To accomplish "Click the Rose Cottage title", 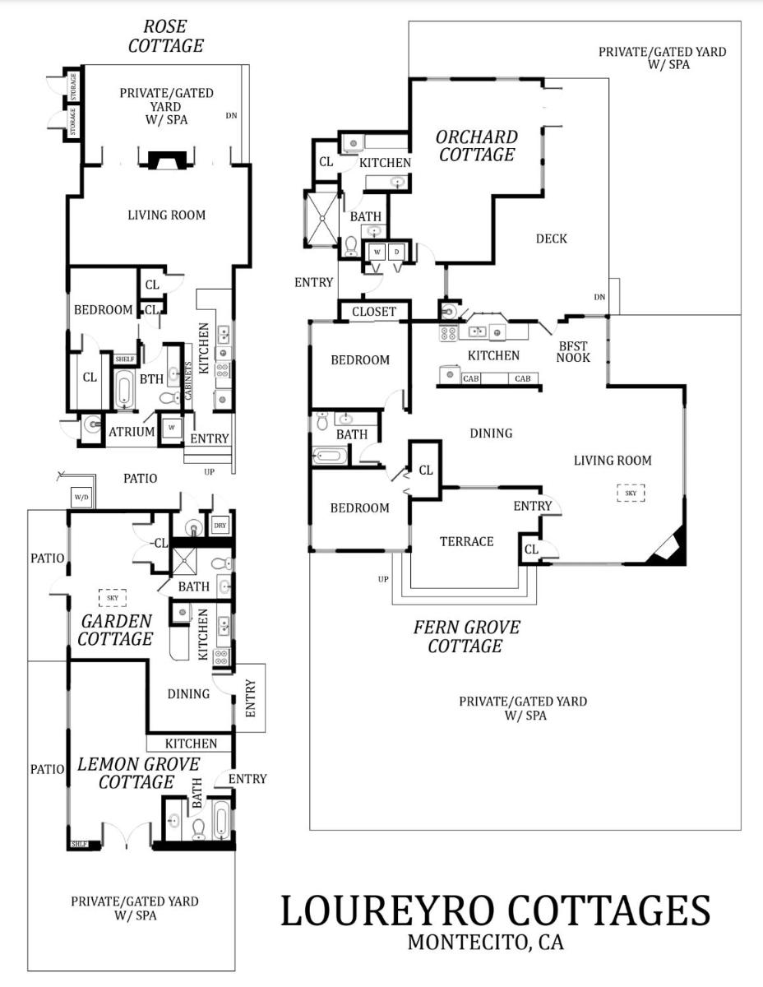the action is [165, 36].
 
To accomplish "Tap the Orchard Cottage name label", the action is [477, 146].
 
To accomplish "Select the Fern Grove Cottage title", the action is [467, 637].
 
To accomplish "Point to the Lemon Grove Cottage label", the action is [138, 773].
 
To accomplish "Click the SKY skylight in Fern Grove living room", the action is [631, 493].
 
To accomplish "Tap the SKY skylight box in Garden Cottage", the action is [113, 598].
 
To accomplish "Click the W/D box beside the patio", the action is [82, 497].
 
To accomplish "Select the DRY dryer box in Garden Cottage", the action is [220, 526].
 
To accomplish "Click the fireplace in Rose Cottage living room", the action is [168, 160].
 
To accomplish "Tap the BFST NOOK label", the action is [573, 352].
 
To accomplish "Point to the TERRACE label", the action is [467, 541].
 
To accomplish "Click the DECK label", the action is [552, 239].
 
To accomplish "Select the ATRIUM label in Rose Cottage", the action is [132, 432].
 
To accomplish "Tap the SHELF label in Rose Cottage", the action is [125, 359].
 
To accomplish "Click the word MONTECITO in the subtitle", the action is [468, 943].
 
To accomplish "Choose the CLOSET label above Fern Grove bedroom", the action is [374, 312].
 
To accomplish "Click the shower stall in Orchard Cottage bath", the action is [321, 220].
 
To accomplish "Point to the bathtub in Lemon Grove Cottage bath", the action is [221, 821].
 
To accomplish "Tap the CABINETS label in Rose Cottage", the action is [188, 381].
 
